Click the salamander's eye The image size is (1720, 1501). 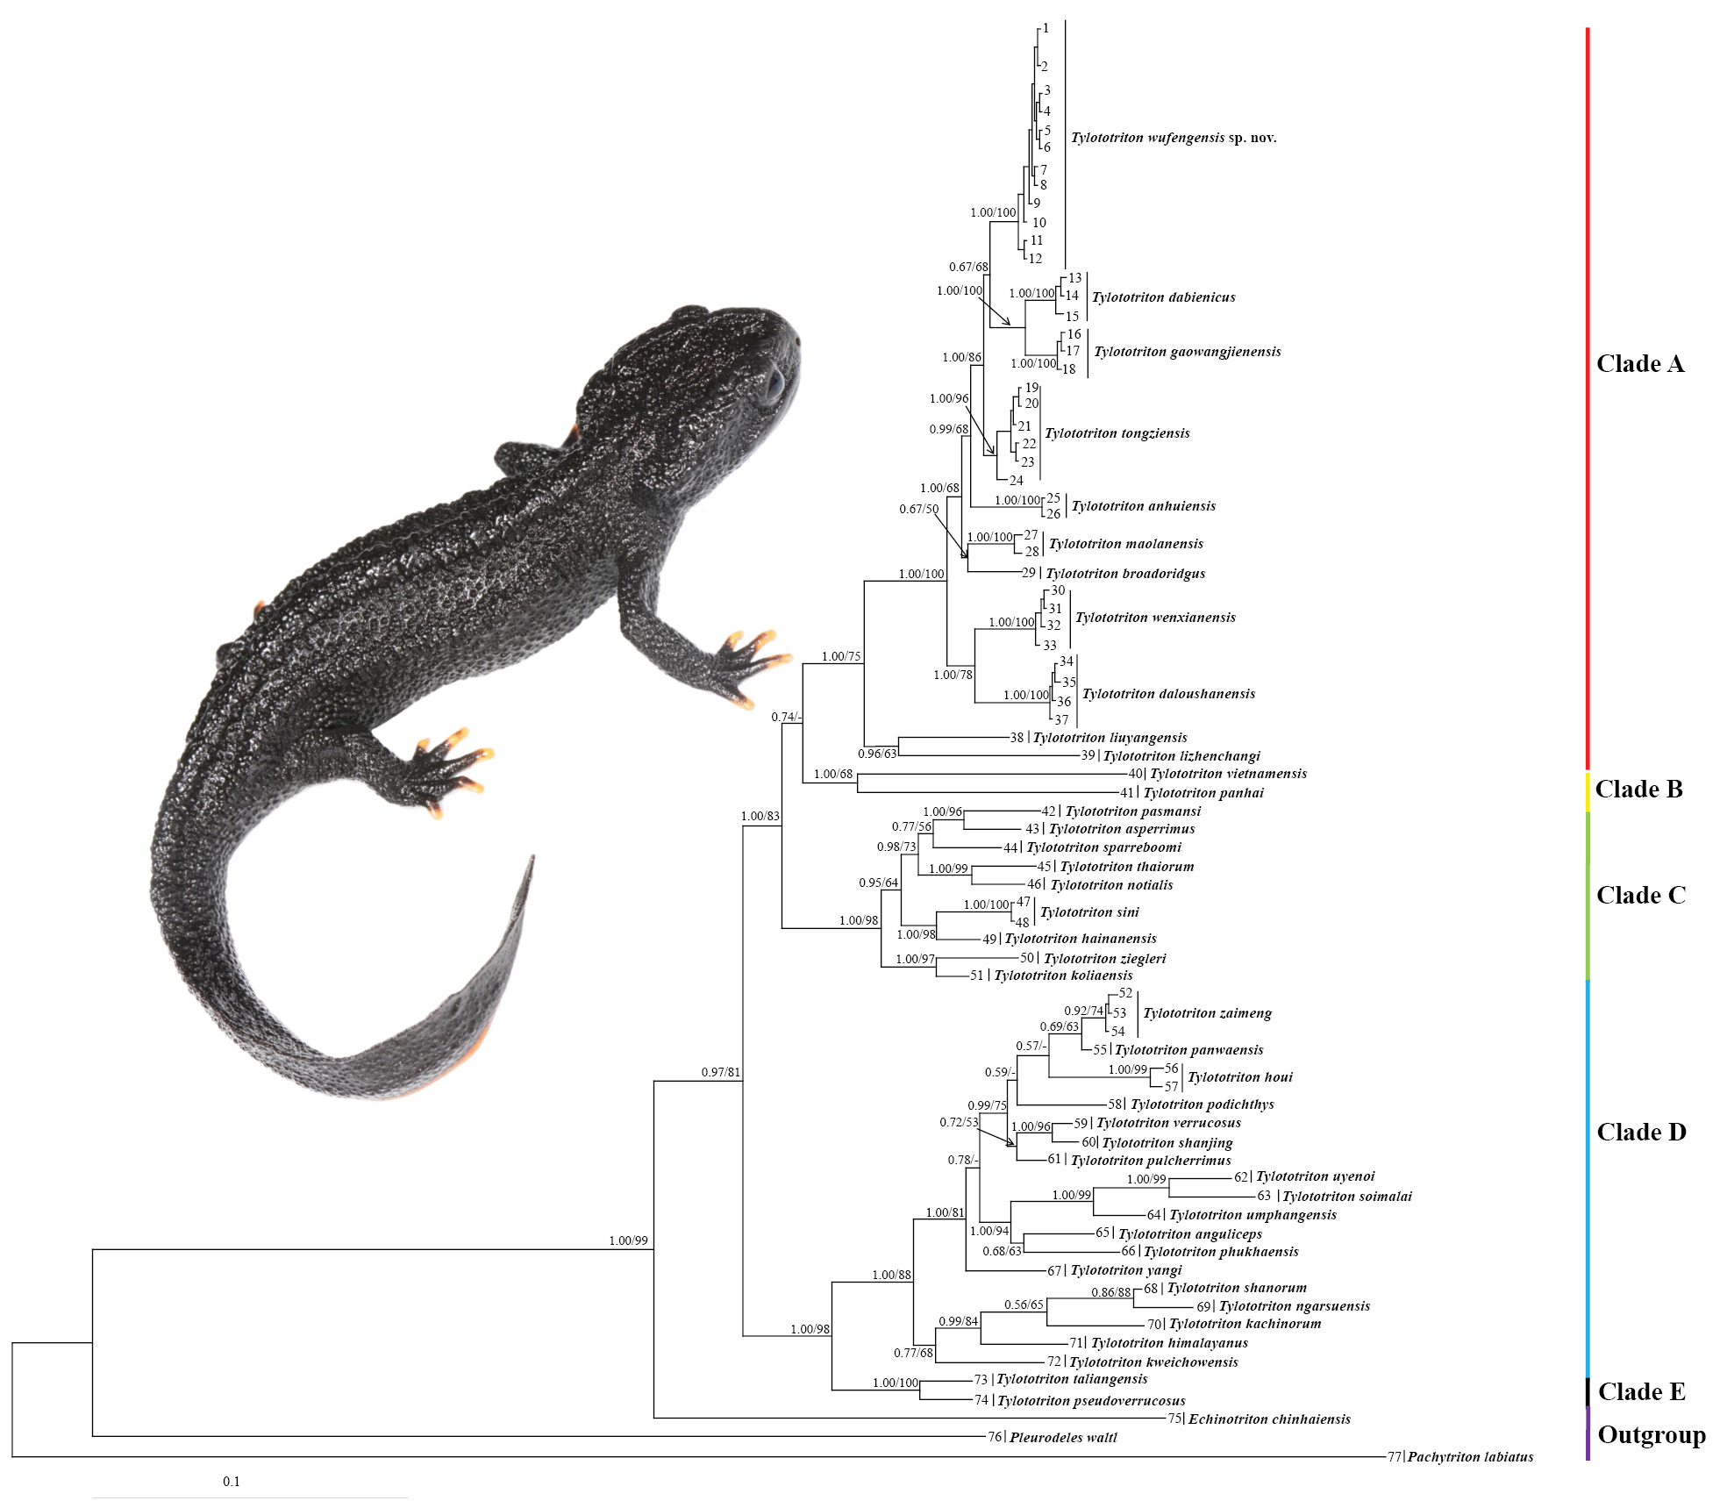click(x=773, y=385)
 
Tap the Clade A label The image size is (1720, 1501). click(x=1639, y=364)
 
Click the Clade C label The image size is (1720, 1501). click(x=1640, y=896)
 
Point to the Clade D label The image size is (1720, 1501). click(x=1640, y=1133)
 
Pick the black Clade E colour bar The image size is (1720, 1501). click(x=1588, y=1390)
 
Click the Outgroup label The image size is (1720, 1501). click(x=1651, y=1435)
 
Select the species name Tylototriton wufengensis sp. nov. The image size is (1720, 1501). click(x=1173, y=138)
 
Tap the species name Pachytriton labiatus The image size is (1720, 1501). click(x=1470, y=1457)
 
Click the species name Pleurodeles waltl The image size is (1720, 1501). click(x=1063, y=1438)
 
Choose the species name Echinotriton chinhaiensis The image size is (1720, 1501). click(x=1268, y=1419)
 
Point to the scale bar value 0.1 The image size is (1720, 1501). click(x=232, y=1482)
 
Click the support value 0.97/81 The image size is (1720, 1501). click(x=720, y=1072)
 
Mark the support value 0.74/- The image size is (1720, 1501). click(x=786, y=717)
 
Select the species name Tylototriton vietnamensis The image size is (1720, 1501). click(x=1228, y=774)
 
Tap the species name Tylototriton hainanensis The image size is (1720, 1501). click(x=1080, y=939)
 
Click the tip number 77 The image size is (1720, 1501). click(x=1394, y=1457)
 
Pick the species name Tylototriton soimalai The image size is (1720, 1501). click(x=1346, y=1197)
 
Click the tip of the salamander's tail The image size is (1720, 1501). click(x=532, y=857)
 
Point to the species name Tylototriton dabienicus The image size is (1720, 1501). click(x=1163, y=297)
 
